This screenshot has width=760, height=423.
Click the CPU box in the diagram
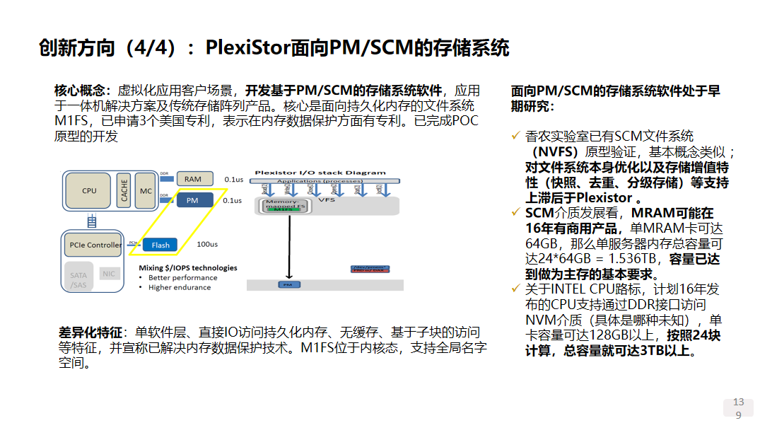(89, 190)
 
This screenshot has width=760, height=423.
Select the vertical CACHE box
(124, 190)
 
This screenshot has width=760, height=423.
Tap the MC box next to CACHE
(146, 190)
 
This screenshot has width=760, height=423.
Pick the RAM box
(193, 180)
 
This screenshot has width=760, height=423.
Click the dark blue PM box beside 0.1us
(192, 201)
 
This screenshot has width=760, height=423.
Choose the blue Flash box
(160, 245)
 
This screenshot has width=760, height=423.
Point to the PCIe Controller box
(95, 245)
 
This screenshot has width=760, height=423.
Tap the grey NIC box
(108, 274)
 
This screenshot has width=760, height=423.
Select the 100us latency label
(207, 245)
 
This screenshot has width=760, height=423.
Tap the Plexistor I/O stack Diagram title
(320, 172)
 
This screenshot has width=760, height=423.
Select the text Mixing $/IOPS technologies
(188, 267)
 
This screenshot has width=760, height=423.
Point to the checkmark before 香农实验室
(515, 136)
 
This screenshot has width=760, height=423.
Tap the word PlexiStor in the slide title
(247, 48)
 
